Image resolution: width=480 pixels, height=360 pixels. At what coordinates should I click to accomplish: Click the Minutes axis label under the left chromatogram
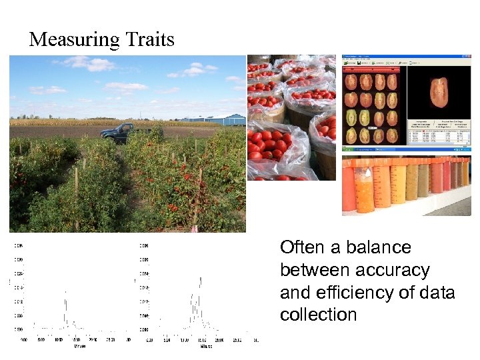click(79, 345)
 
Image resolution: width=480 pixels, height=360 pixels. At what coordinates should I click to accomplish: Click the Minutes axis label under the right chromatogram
click(206, 345)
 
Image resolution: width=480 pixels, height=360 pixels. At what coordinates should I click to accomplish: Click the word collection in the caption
click(319, 315)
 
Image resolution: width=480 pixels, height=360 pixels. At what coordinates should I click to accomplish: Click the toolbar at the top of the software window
click(406, 59)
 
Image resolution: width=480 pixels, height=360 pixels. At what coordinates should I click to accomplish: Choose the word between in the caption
click(314, 270)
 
